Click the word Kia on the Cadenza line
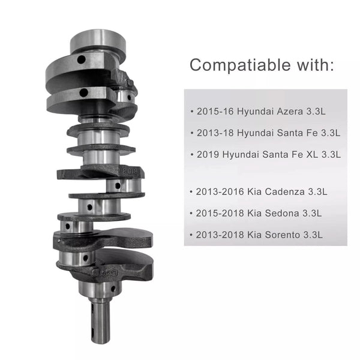click(x=254, y=192)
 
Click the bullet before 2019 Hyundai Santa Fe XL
click(x=191, y=154)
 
